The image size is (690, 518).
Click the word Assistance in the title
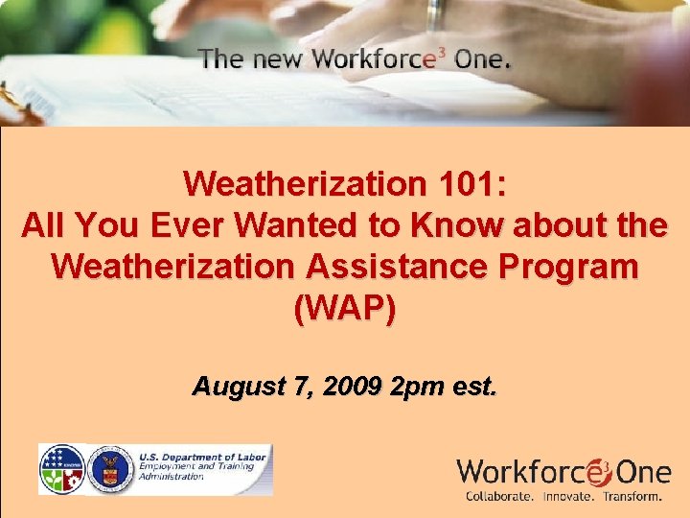coord(389,267)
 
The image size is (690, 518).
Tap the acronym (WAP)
coord(345,309)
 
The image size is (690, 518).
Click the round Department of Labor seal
coord(109,469)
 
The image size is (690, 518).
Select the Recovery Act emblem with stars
coord(61,469)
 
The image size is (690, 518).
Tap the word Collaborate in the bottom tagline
coord(500,497)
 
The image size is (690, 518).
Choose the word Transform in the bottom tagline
coord(629,497)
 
